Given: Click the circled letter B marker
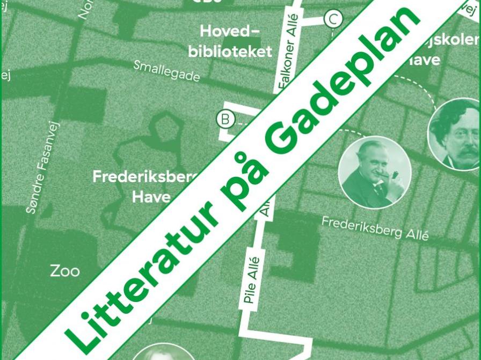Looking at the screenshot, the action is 225,118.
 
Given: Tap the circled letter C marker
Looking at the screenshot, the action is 333,20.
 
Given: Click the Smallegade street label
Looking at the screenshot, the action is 166,71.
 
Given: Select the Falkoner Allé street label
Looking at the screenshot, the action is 287,59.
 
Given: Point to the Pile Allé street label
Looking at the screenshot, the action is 251,280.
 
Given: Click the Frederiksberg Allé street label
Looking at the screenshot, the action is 375,228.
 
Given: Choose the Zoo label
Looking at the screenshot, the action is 65,271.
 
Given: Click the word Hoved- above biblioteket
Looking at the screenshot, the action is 229,31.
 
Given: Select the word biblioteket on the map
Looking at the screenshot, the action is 230,52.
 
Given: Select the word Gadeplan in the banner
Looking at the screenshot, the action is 344,87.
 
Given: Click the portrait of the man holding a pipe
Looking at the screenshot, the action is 374,173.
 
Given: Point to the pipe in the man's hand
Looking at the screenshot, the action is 395,176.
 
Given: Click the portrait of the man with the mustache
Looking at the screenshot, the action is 455,133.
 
